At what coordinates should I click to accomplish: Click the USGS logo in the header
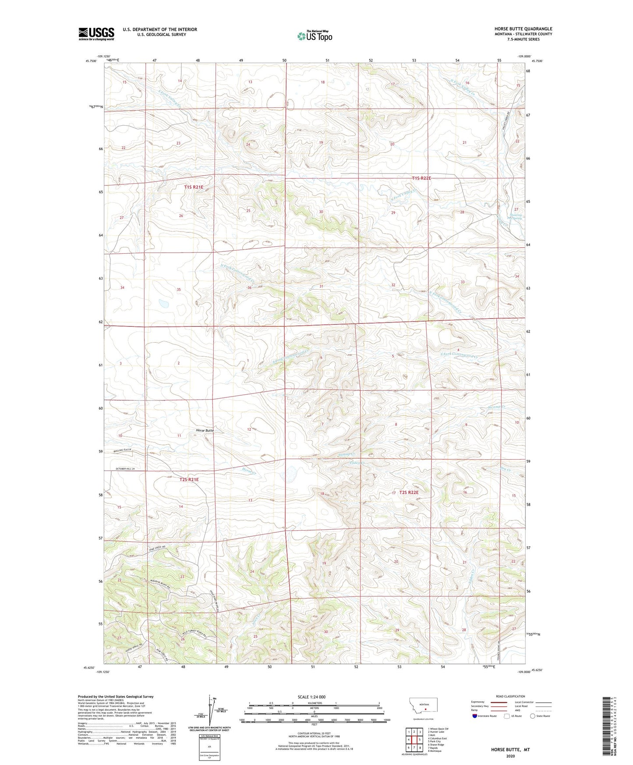[x=96, y=34]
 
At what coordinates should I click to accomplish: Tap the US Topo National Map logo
[x=315, y=36]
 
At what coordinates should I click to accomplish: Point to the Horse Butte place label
[x=205, y=431]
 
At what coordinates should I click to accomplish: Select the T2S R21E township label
[x=189, y=479]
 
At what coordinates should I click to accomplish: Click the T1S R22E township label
[x=421, y=178]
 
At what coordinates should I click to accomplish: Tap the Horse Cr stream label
[x=248, y=470]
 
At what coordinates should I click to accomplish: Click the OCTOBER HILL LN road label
[x=125, y=469]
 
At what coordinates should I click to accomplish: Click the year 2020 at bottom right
[x=510, y=756]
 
